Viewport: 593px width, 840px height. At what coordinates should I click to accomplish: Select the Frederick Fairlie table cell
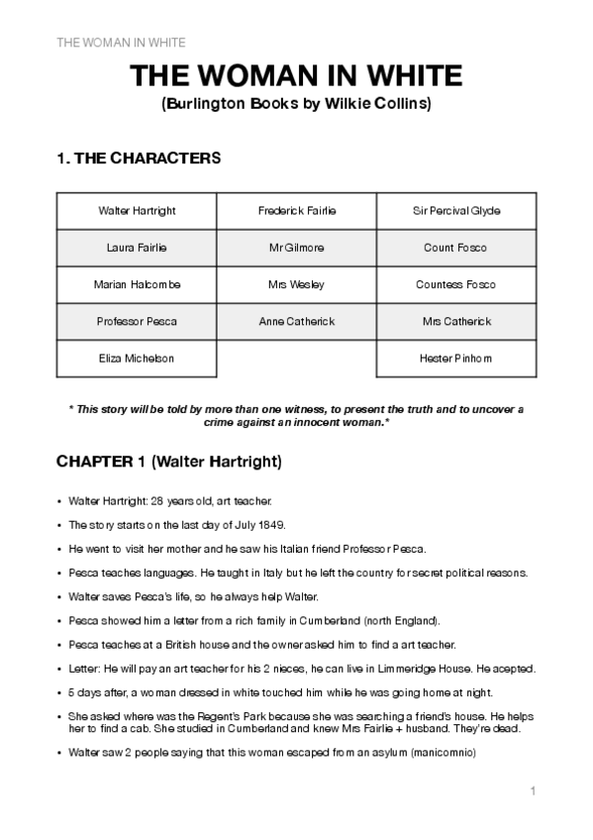pyautogui.click(x=296, y=211)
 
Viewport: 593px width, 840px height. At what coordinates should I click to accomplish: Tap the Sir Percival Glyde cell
pyautogui.click(x=455, y=211)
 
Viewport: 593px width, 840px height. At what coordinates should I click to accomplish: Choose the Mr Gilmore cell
pyautogui.click(x=296, y=248)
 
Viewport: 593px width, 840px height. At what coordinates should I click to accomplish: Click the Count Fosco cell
pyautogui.click(x=455, y=248)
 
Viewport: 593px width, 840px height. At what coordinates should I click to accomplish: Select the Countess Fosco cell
pyautogui.click(x=455, y=284)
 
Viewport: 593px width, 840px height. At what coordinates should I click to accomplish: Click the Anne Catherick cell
pyautogui.click(x=296, y=321)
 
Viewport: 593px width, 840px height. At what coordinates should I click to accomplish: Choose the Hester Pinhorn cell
pyautogui.click(x=455, y=358)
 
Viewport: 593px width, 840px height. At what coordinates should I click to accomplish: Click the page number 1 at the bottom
pyautogui.click(x=533, y=790)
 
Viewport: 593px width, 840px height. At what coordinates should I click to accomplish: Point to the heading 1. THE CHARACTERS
pyautogui.click(x=139, y=157)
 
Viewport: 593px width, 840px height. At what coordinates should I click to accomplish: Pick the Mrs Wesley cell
pyautogui.click(x=296, y=284)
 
